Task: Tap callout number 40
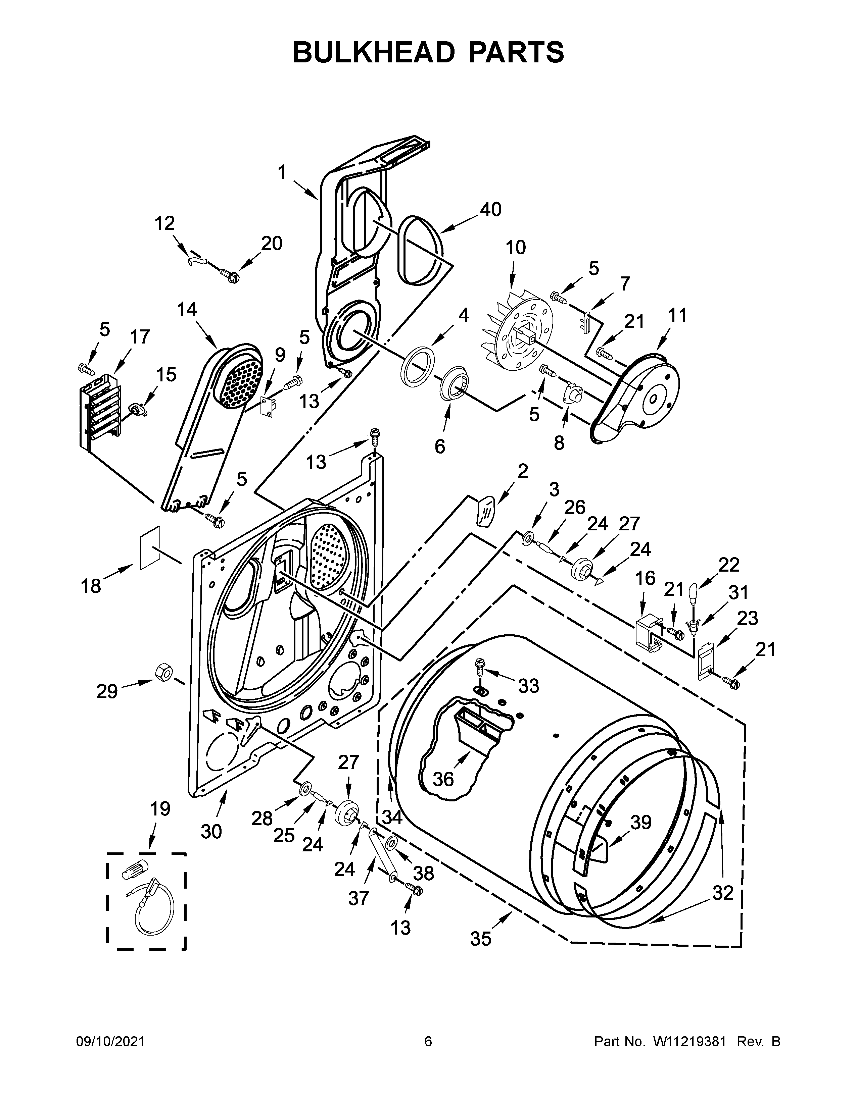490,209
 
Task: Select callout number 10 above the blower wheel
516,248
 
